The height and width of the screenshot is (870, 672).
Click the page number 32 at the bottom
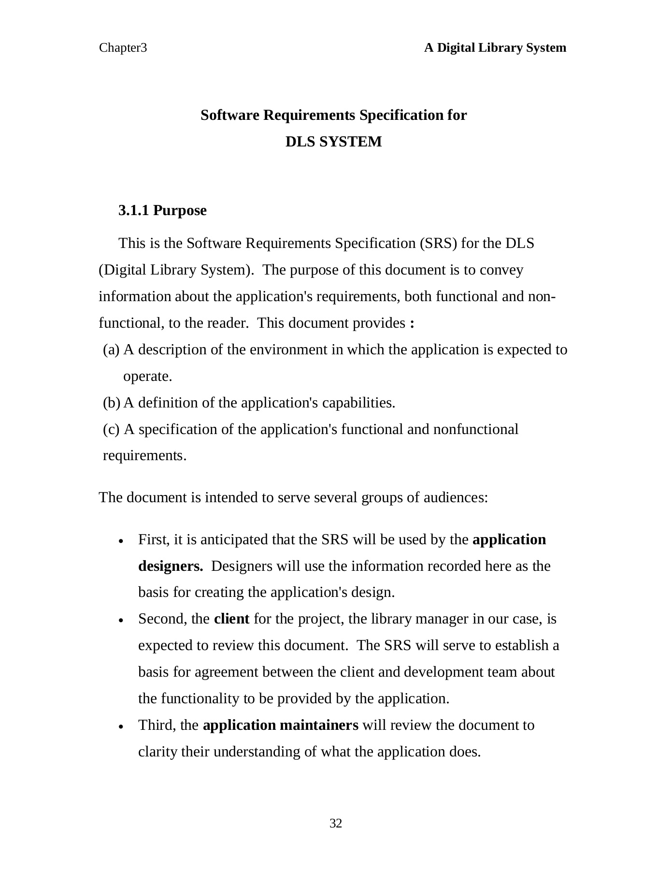tap(336, 824)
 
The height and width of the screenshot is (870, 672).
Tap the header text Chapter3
tap(123, 48)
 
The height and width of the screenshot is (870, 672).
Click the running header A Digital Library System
tap(495, 48)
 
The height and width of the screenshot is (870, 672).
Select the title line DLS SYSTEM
tap(333, 142)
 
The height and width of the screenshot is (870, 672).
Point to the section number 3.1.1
tap(134, 210)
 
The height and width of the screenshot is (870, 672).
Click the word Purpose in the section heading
tap(180, 211)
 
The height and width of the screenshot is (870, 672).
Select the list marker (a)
tap(111, 349)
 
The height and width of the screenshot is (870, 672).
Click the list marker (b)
tap(112, 403)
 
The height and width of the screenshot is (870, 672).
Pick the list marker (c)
tap(111, 429)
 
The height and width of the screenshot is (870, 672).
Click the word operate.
tap(147, 376)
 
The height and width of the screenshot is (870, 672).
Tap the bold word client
tap(231, 619)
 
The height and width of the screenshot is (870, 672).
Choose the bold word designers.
tap(171, 566)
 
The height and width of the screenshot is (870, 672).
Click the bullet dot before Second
tap(121, 621)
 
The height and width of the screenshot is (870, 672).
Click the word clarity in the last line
tap(157, 752)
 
